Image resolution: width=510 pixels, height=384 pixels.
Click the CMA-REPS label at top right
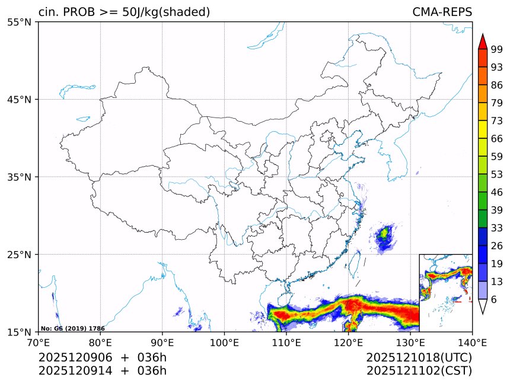pos(442,12)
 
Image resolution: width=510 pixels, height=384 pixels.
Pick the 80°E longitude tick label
pos(100,342)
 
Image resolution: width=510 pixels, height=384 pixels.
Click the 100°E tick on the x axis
pos(224,342)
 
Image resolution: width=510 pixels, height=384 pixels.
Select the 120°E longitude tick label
pos(348,342)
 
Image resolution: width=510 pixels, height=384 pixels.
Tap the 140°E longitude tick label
pos(472,342)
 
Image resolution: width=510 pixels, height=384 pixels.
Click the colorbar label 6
pos(493,300)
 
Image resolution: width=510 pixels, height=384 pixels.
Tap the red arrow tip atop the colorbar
pos(483,42)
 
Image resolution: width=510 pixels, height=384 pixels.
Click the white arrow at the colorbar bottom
pos(483,306)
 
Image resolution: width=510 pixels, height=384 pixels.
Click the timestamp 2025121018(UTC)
pos(419,357)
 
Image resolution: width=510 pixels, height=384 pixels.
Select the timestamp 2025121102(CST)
pos(419,371)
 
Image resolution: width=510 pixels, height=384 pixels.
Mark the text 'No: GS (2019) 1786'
pos(72,328)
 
